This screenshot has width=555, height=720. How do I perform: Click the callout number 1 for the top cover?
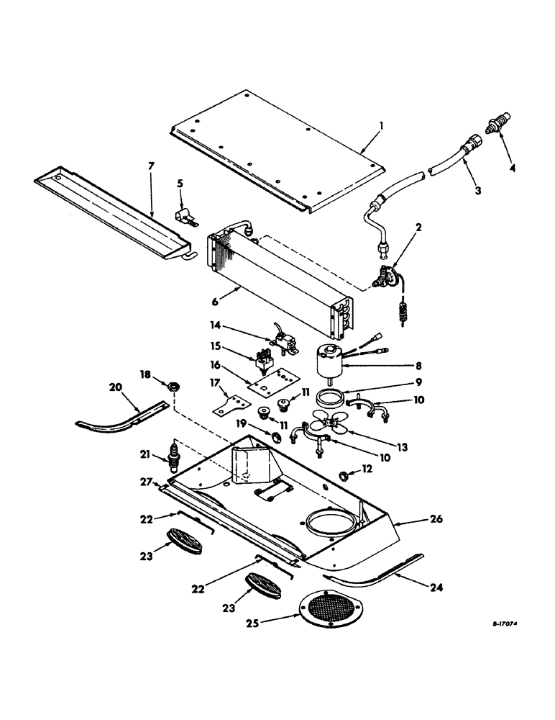(382, 125)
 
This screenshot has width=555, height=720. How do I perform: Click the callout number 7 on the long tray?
(151, 167)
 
